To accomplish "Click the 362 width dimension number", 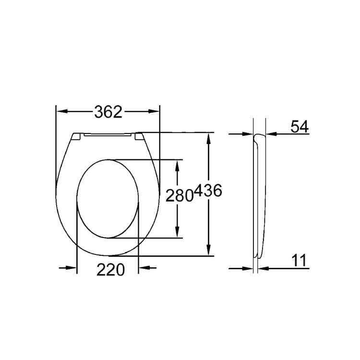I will (108, 112).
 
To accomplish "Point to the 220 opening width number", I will (111, 270).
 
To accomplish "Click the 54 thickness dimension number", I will (299, 127).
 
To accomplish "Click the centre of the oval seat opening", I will (108, 198).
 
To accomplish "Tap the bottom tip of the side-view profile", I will (258, 257).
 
